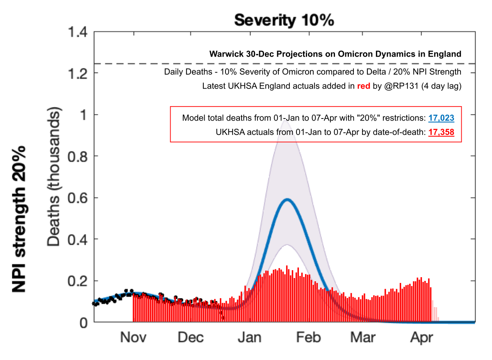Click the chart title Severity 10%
click(284, 20)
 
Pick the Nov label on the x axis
click(133, 337)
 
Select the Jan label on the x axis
click(249, 337)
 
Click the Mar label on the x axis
click(363, 337)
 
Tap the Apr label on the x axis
click(421, 337)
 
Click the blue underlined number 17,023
click(441, 118)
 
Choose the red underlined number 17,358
click(441, 132)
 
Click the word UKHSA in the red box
click(228, 132)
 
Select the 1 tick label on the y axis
click(84, 114)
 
